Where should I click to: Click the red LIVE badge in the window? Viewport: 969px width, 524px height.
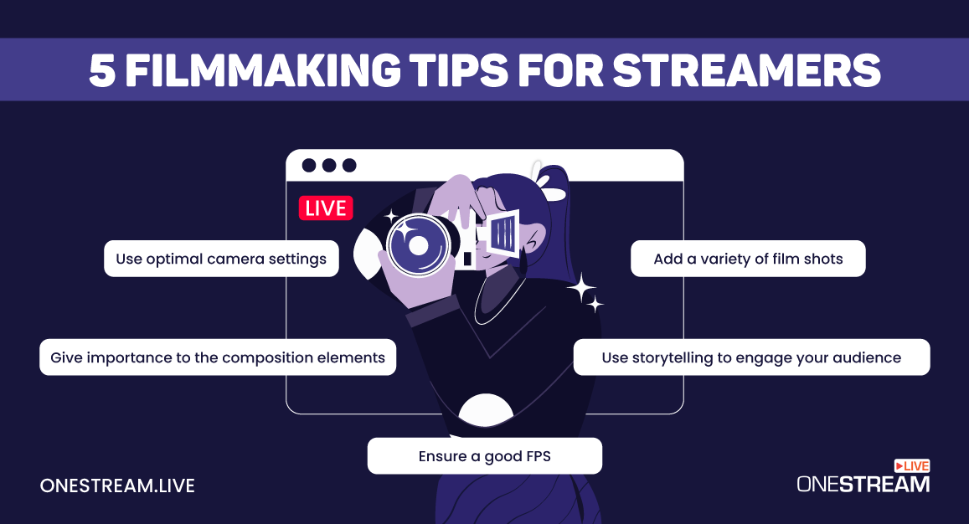click(326, 208)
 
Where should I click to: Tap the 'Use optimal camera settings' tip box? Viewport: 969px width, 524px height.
click(221, 259)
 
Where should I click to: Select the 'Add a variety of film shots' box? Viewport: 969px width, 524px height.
click(748, 259)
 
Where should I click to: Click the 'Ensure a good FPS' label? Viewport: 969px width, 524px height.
click(484, 456)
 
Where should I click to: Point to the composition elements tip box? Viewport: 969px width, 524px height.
click(218, 357)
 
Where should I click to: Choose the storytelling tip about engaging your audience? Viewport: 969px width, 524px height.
click(751, 357)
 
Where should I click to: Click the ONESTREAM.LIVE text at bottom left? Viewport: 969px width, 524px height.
click(117, 485)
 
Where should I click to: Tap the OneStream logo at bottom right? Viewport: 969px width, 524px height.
click(863, 484)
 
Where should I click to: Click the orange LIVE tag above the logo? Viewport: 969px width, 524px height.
click(912, 465)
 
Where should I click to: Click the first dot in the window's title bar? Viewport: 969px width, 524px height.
click(309, 166)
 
